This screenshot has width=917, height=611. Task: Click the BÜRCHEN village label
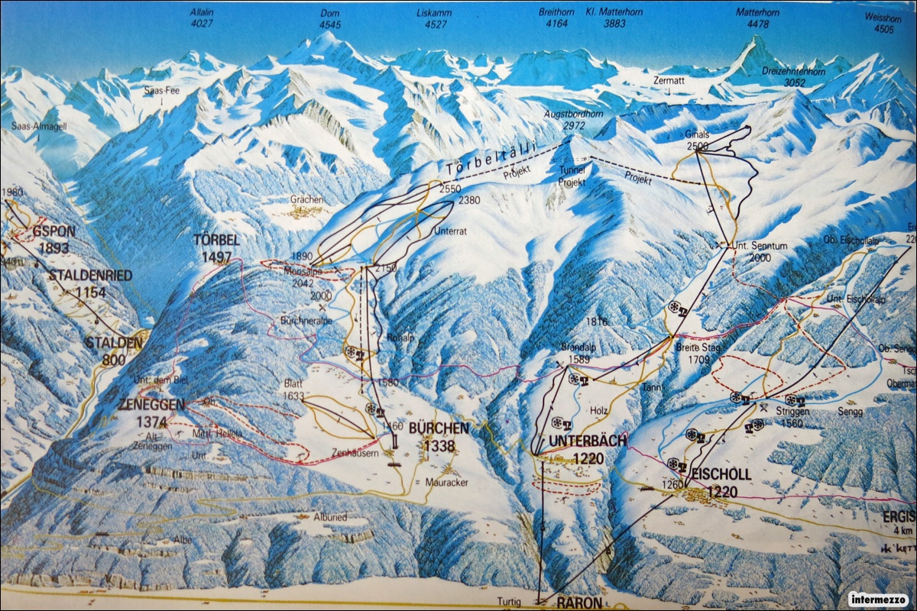pos(439,435)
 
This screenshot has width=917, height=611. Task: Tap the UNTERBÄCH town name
pos(587,448)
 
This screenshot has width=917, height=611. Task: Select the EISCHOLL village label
pos(721,482)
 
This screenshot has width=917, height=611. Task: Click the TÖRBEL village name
pos(216,247)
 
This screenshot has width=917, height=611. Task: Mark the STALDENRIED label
pos(90,282)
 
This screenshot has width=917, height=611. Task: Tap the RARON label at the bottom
pos(579,602)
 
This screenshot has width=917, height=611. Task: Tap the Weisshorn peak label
pos(878,23)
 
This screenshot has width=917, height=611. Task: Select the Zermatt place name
pos(669,79)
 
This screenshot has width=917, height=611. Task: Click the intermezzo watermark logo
pos(878,598)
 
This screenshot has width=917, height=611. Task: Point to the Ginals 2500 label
pos(697,139)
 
